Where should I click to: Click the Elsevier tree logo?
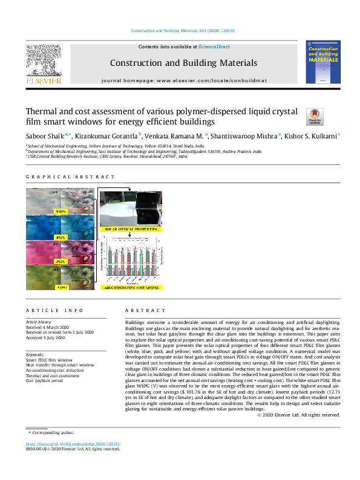tap(43, 60)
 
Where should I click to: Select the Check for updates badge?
tap(315, 115)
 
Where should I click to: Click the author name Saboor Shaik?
tap(46, 136)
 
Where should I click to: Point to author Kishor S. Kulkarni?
tap(313, 136)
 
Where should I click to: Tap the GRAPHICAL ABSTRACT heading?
tap(70, 177)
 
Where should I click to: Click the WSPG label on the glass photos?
tap(61, 212)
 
